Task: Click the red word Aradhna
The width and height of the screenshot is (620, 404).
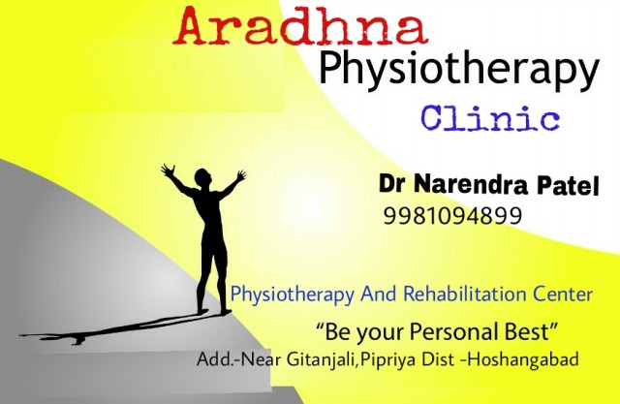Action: (x=300, y=27)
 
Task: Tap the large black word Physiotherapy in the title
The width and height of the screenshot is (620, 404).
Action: (x=459, y=71)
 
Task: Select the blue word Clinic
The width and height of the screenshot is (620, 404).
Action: (x=490, y=118)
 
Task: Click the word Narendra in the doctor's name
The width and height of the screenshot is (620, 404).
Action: (x=471, y=185)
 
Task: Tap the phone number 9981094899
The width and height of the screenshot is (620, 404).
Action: (x=452, y=216)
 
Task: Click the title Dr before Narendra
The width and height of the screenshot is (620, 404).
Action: (x=392, y=183)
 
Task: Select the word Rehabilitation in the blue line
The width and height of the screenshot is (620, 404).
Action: (x=465, y=295)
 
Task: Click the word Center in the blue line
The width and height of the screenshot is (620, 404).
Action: (x=563, y=295)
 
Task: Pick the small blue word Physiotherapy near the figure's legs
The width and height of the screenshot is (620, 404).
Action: (x=292, y=295)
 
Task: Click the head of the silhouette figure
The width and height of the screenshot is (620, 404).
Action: (x=202, y=176)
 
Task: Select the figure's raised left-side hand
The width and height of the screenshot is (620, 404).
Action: (x=168, y=171)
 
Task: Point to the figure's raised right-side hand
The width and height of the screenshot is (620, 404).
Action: (x=240, y=174)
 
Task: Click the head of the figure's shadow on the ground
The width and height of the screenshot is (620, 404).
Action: (x=78, y=340)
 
